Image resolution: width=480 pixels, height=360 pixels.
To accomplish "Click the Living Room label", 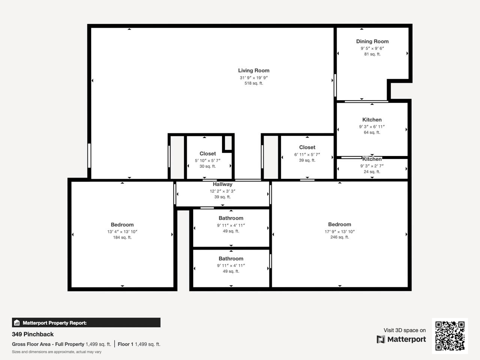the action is click(x=253, y=70).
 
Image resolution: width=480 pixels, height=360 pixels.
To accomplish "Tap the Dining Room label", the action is click(x=372, y=42).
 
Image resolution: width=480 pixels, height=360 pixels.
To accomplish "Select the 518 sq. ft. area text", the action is click(x=253, y=83).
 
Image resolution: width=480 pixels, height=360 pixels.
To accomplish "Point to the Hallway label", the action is click(x=222, y=184).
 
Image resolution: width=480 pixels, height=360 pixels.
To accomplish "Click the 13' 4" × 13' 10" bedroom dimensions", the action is click(x=122, y=232).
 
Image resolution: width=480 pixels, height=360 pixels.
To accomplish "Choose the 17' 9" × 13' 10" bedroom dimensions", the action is click(x=340, y=232).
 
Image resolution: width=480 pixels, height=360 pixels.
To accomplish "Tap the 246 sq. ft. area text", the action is click(x=340, y=237).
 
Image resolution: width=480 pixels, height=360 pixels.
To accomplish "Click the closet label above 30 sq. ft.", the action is click(x=207, y=154).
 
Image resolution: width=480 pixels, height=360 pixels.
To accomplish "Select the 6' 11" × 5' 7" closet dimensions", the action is click(x=307, y=155).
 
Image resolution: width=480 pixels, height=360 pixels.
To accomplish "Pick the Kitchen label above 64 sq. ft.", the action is click(x=372, y=120).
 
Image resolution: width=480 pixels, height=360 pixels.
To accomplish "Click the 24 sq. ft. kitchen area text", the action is click(x=372, y=172).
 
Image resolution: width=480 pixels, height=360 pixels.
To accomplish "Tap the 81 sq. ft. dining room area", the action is click(x=372, y=54).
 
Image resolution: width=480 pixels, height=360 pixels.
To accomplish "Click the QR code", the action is click(x=450, y=336).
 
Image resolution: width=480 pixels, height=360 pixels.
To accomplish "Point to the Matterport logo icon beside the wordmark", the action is click(x=381, y=339).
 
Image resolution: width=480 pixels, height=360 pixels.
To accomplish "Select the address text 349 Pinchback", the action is click(x=33, y=334).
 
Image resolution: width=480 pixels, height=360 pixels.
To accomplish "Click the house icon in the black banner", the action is click(x=17, y=322).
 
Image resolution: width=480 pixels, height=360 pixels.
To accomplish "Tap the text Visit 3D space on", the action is click(x=405, y=330).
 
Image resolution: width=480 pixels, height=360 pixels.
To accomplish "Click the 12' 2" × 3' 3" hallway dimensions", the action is click(x=222, y=191).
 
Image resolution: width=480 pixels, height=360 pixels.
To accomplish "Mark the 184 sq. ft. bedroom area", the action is click(x=122, y=237).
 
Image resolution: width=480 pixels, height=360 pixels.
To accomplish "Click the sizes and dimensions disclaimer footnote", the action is click(x=57, y=352).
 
